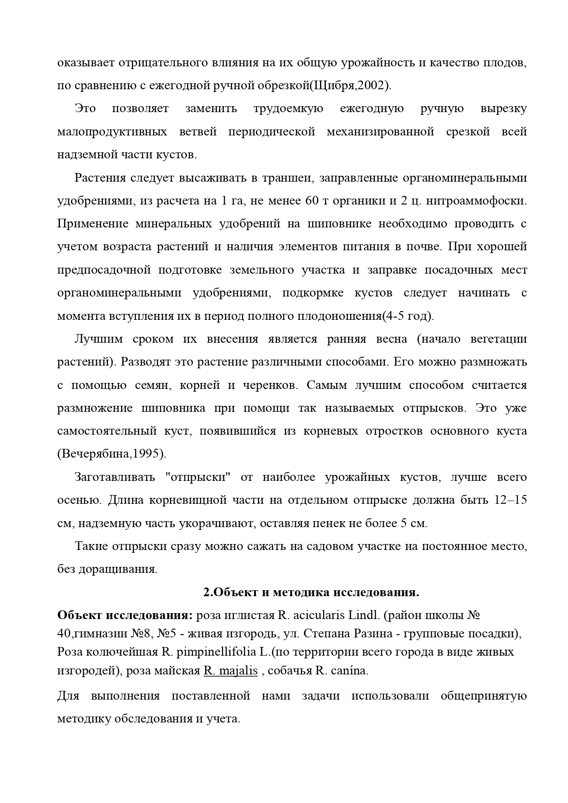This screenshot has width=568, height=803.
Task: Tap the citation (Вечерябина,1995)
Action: [112, 454]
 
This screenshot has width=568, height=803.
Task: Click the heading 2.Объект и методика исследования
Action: [311, 593]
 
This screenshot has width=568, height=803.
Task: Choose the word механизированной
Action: [380, 132]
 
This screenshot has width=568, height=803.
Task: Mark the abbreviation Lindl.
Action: [364, 615]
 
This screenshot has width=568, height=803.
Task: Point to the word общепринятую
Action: [483, 696]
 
